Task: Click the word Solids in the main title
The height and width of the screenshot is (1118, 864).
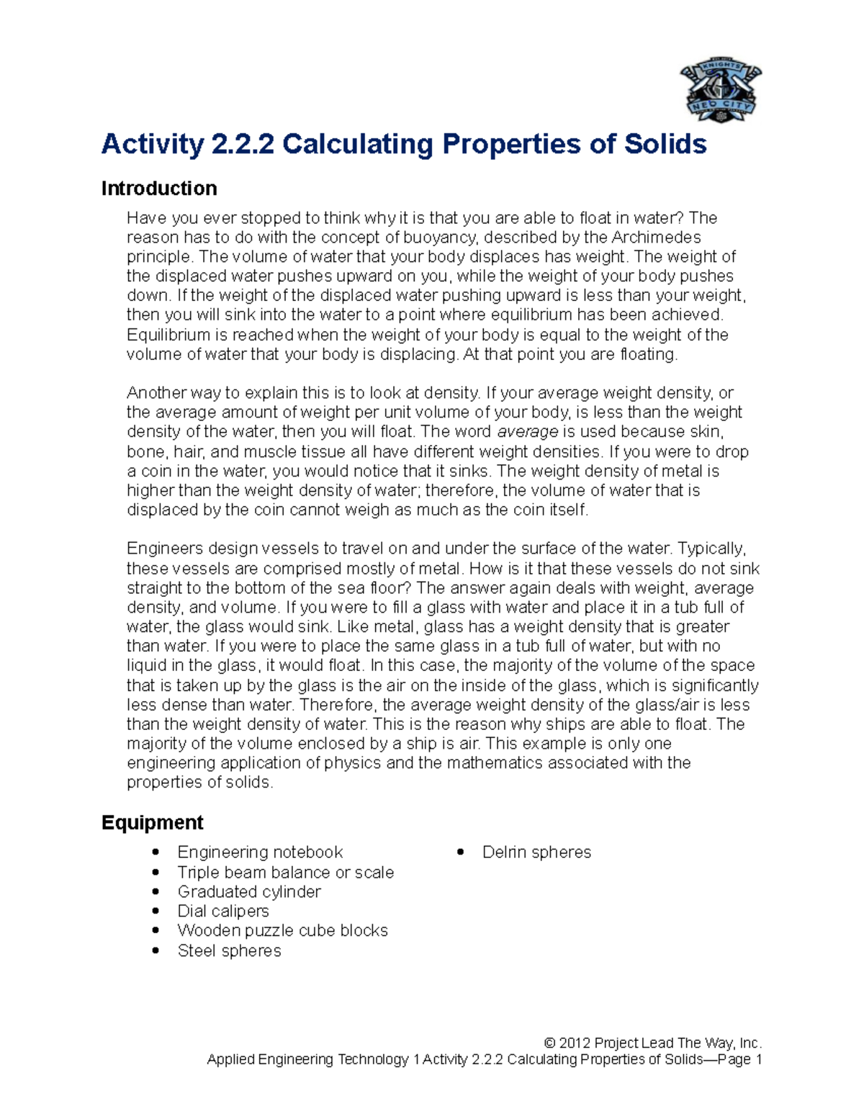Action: tap(665, 144)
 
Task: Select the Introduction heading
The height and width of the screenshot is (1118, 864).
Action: tap(159, 189)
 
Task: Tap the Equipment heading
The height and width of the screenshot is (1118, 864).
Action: tap(152, 822)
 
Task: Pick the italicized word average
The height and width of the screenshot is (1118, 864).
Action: tap(528, 432)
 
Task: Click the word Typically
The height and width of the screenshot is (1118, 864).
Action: tap(717, 549)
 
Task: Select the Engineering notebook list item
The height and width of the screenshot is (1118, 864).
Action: tap(260, 852)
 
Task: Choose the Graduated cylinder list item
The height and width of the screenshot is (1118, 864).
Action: tap(249, 892)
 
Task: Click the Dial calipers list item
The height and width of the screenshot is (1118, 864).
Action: tap(223, 911)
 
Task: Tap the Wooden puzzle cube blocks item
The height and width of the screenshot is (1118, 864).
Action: tap(282, 931)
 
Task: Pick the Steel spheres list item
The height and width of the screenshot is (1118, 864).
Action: tap(229, 951)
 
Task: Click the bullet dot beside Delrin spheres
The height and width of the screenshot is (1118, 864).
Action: tap(460, 852)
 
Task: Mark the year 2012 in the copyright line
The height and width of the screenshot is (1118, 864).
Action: tap(575, 1043)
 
